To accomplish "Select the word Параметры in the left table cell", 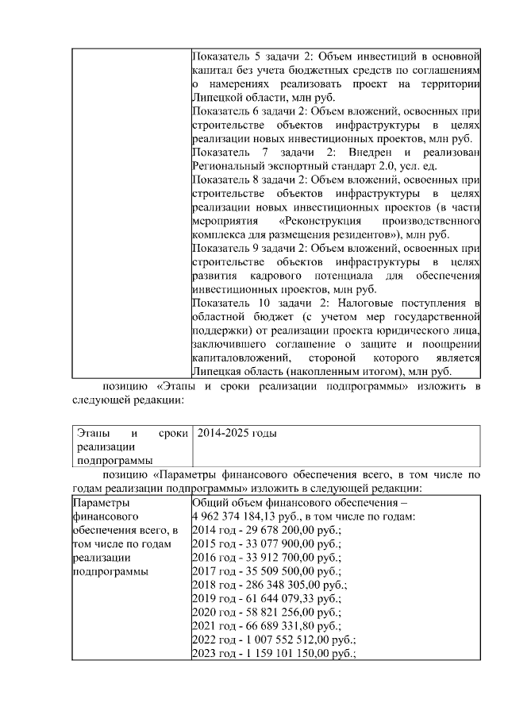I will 100,503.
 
